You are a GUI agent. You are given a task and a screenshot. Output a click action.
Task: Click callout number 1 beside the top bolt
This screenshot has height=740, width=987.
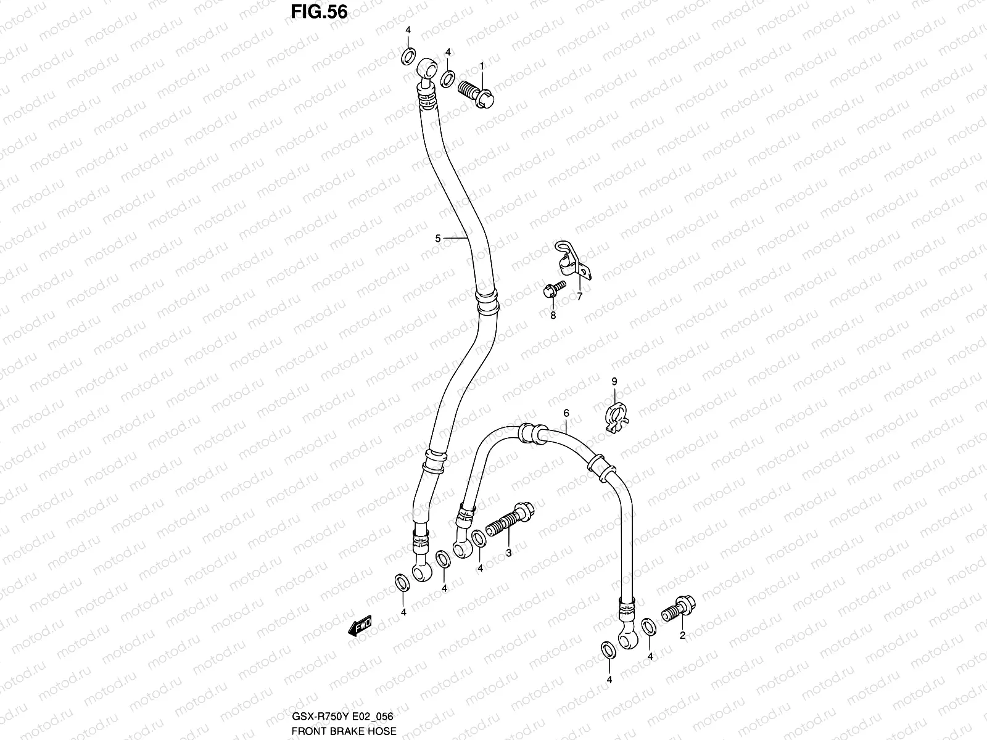tap(482, 65)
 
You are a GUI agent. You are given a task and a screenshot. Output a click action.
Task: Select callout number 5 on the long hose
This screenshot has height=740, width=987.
tap(437, 238)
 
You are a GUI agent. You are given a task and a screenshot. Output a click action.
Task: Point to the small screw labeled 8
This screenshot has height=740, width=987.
tap(556, 289)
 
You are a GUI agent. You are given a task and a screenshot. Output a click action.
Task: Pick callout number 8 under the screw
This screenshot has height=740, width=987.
tap(553, 315)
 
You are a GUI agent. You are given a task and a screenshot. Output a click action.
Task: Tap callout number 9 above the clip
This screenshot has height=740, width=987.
tap(614, 382)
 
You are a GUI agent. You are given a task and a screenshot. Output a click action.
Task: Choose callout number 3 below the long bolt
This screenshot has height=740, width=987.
tap(508, 553)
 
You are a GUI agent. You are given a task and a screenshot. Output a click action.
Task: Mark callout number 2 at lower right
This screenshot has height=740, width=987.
tap(682, 635)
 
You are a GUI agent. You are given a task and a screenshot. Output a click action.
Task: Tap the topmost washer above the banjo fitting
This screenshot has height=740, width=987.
tap(408, 57)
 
